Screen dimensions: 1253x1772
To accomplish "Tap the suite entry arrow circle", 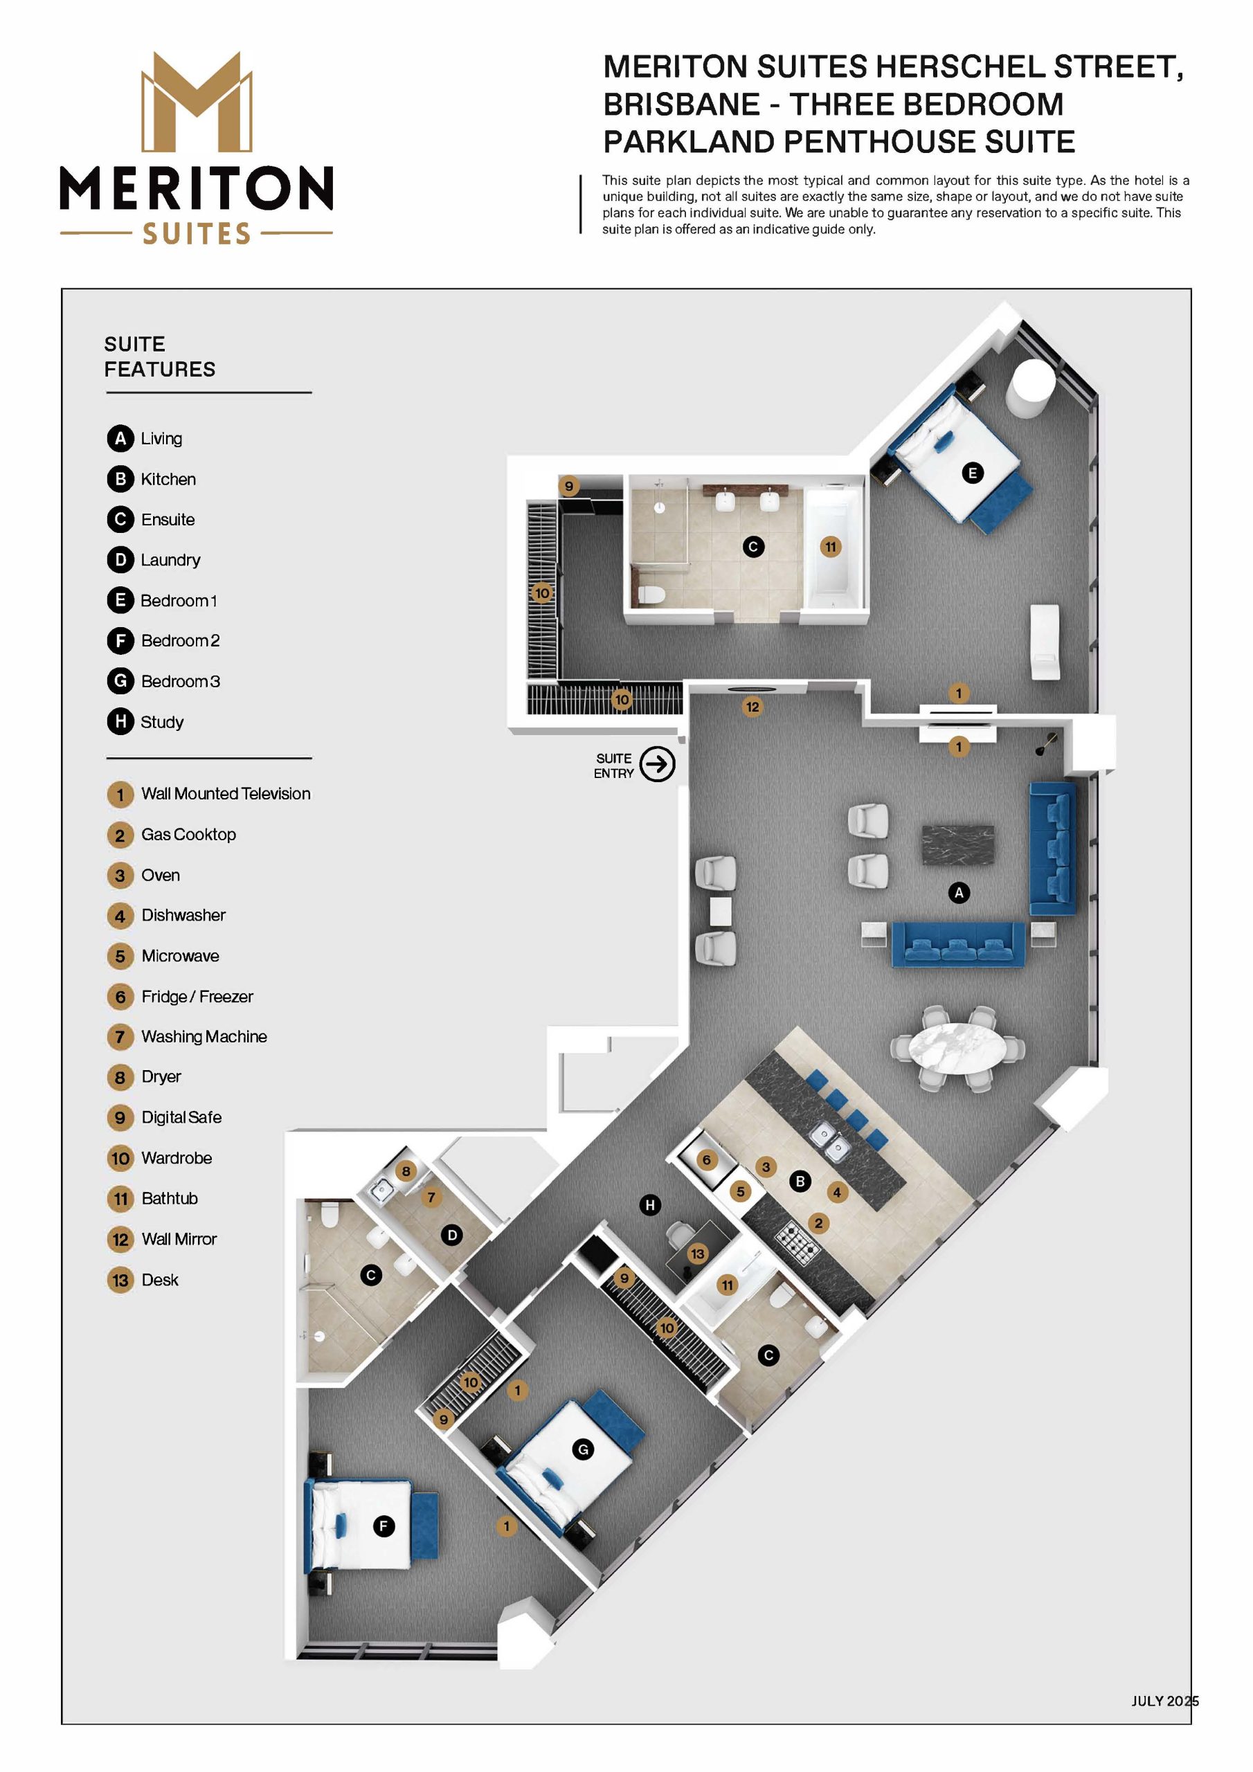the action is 657,764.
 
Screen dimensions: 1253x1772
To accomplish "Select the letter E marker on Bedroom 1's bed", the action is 972,473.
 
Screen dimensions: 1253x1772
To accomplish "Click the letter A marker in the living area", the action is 959,893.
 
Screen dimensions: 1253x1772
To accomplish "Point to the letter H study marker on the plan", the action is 650,1204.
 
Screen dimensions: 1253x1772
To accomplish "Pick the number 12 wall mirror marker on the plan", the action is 752,706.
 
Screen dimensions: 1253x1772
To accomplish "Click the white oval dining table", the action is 957,1048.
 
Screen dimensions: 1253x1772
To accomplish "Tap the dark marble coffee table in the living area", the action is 958,846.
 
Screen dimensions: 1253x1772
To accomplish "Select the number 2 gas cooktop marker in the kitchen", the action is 818,1222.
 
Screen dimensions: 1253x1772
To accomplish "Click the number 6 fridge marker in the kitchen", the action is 705,1160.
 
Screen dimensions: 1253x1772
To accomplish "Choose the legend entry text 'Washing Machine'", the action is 204,1036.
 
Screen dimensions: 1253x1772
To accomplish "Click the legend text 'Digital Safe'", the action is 181,1116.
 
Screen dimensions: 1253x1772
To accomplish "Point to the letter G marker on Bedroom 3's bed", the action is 583,1449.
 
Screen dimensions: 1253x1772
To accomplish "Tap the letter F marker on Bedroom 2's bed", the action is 383,1526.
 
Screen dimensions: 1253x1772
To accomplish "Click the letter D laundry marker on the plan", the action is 453,1235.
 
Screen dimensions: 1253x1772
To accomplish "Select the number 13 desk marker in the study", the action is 697,1254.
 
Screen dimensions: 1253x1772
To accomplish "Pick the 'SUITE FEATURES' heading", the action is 160,356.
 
